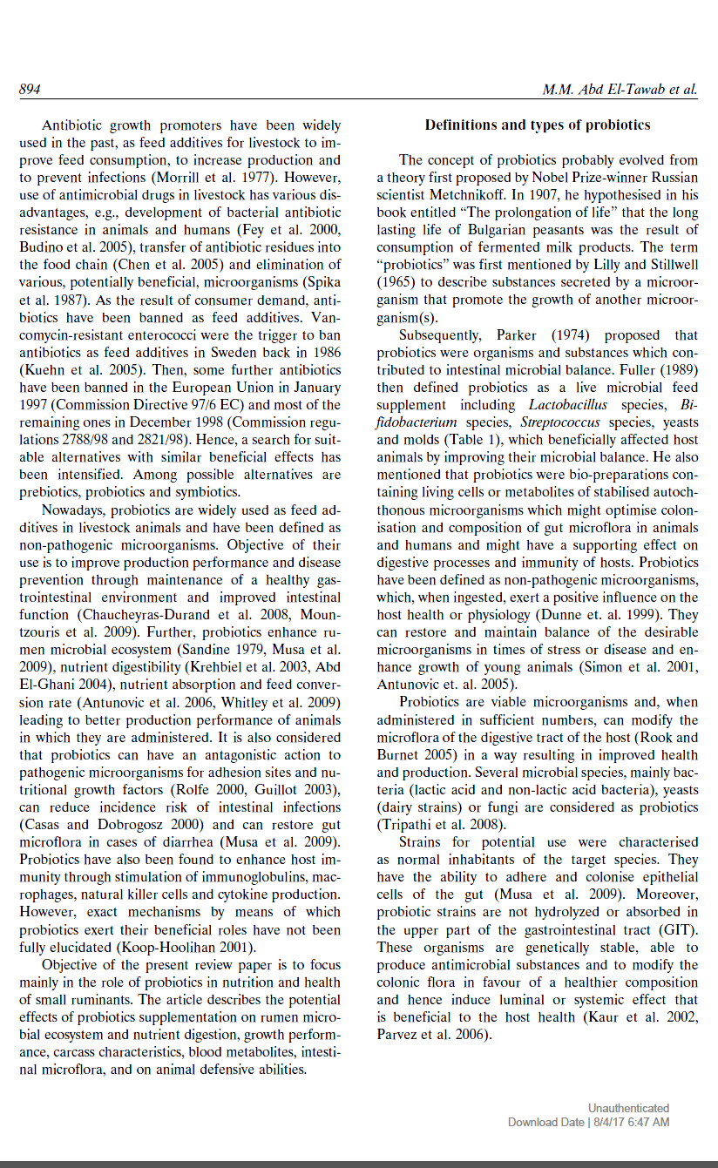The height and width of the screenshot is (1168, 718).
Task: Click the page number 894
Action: (30, 90)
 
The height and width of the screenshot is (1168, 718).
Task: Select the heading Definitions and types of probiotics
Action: (538, 125)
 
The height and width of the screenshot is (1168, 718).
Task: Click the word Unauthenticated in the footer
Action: (628, 1108)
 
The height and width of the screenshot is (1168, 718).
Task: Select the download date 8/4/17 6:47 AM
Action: (629, 1122)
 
